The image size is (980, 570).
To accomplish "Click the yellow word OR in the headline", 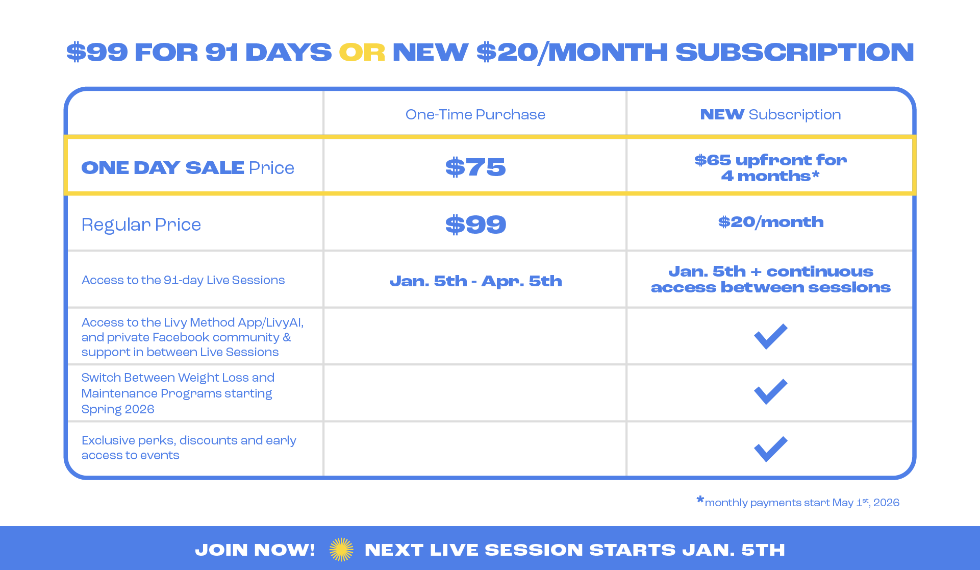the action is [x=362, y=52].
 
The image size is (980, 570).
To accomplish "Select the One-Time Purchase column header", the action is [x=475, y=114].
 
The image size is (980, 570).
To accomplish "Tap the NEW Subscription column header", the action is [x=770, y=114].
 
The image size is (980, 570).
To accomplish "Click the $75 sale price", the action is [x=475, y=167].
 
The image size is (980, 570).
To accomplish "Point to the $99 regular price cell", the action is [x=475, y=225].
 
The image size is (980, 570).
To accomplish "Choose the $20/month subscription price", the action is [x=771, y=222].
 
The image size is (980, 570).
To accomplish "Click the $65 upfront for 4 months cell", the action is [x=770, y=168].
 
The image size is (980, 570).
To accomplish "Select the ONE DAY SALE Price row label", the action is [x=188, y=168].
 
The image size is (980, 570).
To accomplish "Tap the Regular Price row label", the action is [x=141, y=225].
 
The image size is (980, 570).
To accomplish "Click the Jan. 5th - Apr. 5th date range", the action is [x=475, y=281].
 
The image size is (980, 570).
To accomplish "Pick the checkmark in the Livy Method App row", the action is [x=771, y=336].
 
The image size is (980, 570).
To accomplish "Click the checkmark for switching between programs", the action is [x=771, y=392].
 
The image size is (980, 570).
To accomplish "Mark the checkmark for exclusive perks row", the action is [x=771, y=449].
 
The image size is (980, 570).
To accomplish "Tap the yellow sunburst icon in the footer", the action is [x=341, y=550].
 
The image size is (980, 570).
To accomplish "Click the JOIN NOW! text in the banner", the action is [x=255, y=550].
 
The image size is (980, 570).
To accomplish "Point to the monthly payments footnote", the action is [x=798, y=502].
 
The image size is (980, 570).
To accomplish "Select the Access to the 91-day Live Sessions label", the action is [x=183, y=280].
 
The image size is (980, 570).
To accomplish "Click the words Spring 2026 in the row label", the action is [x=118, y=409].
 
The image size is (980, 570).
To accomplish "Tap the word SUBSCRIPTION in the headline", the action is [x=795, y=52].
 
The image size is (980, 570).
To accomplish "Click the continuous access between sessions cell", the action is [x=770, y=280].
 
